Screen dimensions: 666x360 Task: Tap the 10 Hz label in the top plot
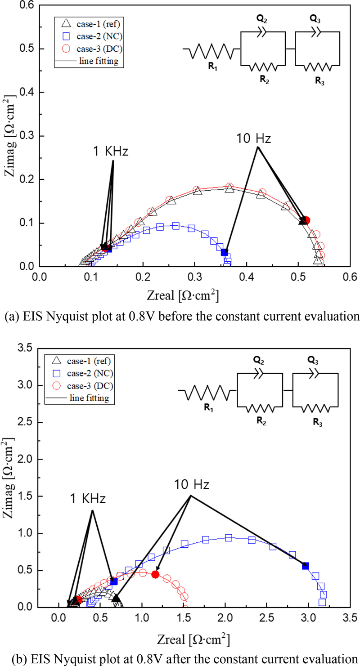254,139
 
